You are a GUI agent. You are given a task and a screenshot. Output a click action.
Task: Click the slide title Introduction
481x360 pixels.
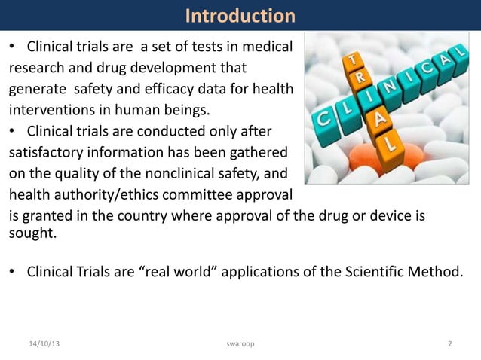point(240,15)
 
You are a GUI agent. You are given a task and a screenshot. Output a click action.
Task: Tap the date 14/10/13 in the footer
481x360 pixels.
point(42,344)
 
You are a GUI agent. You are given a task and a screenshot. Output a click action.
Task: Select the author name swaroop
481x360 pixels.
point(240,344)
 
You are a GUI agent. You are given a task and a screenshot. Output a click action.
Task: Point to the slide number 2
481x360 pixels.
point(450,344)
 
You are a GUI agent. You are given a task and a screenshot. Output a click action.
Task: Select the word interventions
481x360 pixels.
point(47,111)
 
